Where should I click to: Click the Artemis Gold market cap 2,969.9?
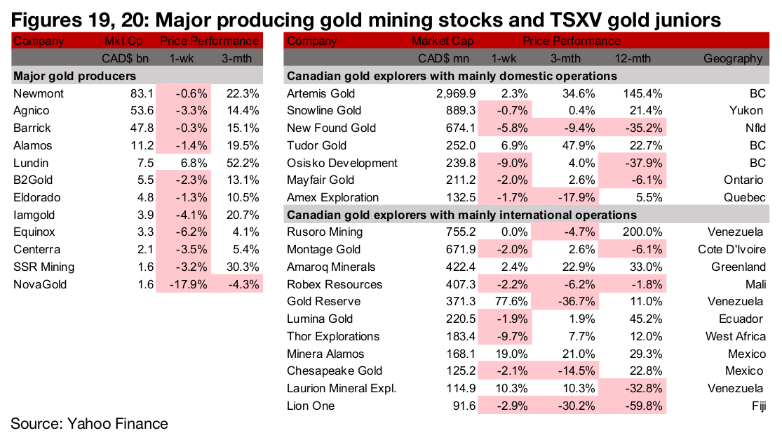point(447,93)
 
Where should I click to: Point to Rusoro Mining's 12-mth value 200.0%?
point(641,232)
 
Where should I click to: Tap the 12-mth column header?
point(643,58)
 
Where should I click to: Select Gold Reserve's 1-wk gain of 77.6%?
point(504,301)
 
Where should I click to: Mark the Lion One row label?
point(311,405)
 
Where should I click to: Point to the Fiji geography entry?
point(755,405)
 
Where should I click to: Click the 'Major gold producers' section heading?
point(75,76)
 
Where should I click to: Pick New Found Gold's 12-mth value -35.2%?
point(642,128)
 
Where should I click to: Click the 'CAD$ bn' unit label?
point(124,58)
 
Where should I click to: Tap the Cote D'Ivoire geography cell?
point(729,249)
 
